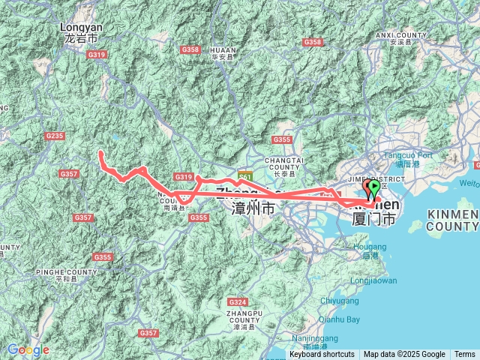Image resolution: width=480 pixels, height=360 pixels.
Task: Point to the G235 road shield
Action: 54,136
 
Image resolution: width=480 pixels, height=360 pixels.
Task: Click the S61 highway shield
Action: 244,177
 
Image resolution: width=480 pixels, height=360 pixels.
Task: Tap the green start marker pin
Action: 374,187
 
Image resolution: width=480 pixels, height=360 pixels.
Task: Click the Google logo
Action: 28,350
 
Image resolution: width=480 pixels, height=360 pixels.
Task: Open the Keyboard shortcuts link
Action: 322,355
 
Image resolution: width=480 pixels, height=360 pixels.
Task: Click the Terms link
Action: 464,355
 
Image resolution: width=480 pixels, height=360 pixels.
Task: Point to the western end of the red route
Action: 100,153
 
